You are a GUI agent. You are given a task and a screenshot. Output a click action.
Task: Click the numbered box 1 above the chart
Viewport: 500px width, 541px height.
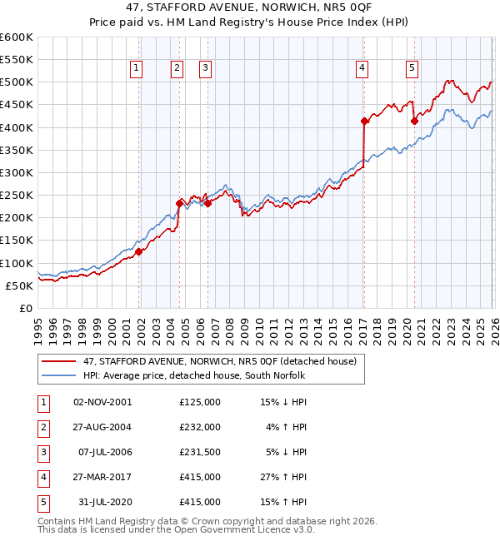pos(137,69)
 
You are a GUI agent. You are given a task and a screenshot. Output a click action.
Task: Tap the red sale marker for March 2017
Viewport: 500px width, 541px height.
pos(364,121)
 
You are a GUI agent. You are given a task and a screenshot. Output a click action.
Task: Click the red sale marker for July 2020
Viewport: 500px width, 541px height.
pos(414,121)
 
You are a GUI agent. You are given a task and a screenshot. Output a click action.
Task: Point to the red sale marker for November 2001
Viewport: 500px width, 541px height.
pos(139,252)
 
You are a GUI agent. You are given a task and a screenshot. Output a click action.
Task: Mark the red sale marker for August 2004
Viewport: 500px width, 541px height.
pos(179,203)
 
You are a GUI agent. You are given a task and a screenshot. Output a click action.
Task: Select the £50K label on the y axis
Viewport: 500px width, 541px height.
pos(19,285)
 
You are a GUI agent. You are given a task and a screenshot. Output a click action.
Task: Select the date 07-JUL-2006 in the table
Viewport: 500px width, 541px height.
pos(102,452)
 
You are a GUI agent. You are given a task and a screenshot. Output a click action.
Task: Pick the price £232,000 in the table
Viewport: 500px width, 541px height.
pos(200,427)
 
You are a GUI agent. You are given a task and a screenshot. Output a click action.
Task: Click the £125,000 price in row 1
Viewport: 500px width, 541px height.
pos(200,402)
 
